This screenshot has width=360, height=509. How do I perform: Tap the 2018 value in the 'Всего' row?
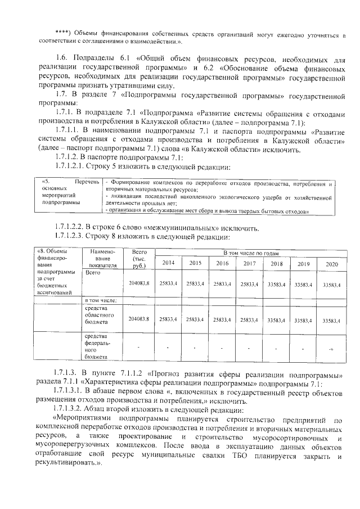tap(276, 284)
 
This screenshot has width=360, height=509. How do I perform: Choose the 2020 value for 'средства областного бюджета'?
tap(331, 319)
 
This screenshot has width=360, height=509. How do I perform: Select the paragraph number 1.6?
tap(62, 58)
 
